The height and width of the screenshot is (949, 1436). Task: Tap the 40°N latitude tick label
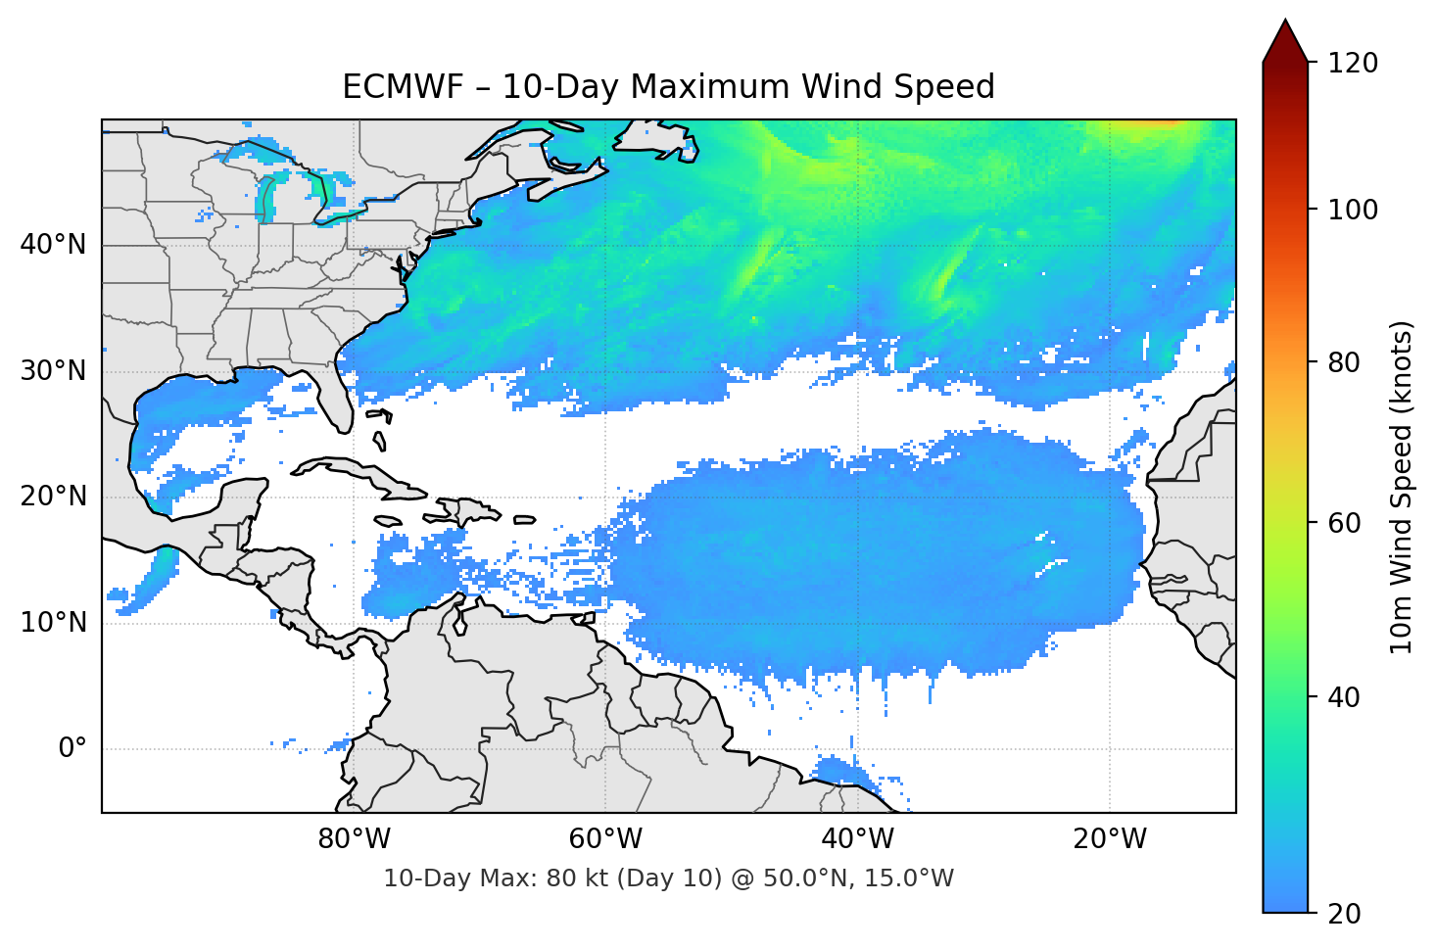[53, 244]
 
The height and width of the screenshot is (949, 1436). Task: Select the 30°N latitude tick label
[53, 371]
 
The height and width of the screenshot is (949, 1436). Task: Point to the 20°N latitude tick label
[53, 497]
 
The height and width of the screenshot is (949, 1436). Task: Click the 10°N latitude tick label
[53, 623]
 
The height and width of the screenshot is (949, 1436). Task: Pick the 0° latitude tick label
[72, 748]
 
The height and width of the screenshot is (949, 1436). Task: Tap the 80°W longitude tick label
[354, 839]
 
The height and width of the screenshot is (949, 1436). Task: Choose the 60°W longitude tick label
[605, 839]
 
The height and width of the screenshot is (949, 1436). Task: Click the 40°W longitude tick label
[857, 839]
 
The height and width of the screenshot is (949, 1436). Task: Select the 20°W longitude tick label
[1109, 839]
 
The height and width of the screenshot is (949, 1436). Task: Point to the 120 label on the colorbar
[1353, 63]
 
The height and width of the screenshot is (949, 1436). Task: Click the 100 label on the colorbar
[1353, 210]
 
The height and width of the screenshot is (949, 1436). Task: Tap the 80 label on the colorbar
[1345, 362]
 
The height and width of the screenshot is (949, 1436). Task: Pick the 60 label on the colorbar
[1345, 523]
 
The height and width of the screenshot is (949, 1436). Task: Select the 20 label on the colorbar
[1345, 914]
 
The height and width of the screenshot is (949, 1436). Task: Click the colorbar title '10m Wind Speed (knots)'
[1402, 487]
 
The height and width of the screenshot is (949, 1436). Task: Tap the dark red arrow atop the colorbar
[1285, 42]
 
